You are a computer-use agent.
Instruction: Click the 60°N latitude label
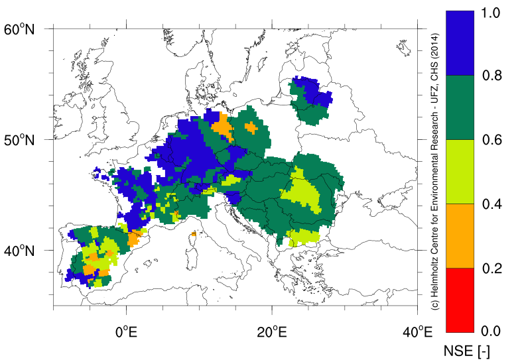[19, 29]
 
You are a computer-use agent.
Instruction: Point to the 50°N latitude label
[19, 140]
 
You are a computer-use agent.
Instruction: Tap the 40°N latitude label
[19, 251]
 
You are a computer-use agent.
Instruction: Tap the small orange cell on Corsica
[193, 233]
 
